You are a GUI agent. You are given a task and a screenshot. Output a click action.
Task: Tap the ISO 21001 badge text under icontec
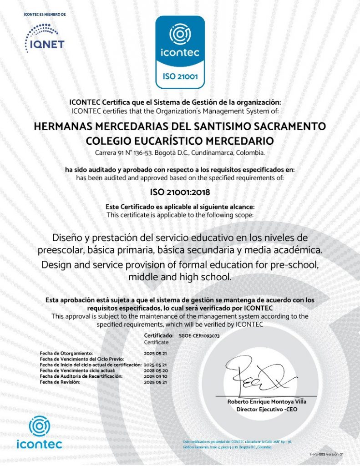[180, 76]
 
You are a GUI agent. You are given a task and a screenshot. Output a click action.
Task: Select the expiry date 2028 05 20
[156, 371]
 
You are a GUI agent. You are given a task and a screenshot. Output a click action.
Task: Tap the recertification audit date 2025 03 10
[156, 376]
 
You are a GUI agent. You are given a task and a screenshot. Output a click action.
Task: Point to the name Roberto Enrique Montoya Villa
[267, 402]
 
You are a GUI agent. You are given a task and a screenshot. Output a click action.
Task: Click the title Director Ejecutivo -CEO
[267, 409]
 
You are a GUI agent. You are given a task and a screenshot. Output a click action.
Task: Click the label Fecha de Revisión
[60, 382]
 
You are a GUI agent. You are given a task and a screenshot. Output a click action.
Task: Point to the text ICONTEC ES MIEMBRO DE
[45, 15]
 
